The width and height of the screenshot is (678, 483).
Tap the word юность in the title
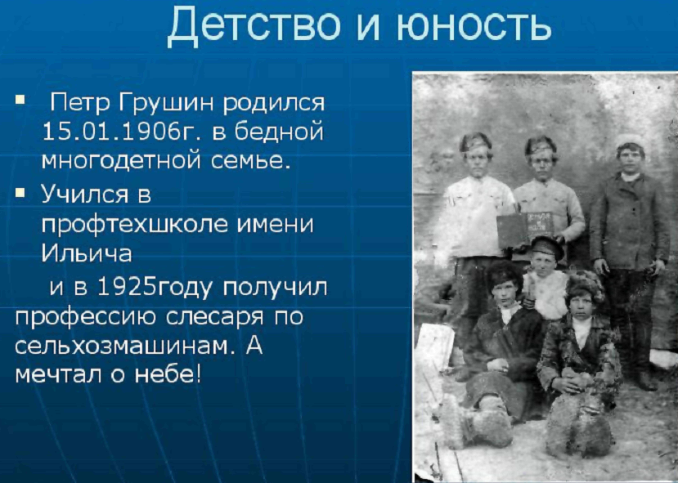[x=474, y=26]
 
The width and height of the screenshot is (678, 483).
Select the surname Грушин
[x=167, y=104]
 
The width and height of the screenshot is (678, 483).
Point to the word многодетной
[x=122, y=161]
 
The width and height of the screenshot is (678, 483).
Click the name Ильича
[x=87, y=253]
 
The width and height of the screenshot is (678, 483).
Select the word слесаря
[x=214, y=318]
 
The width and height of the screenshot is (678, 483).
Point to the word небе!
[x=168, y=374]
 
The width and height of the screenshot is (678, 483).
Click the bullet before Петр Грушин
[x=20, y=100]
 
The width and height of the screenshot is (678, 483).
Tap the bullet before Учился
[x=20, y=192]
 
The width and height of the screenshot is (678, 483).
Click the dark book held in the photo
[x=525, y=229]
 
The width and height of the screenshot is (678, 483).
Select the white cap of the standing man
[x=630, y=141]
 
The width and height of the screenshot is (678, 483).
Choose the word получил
[x=275, y=288]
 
